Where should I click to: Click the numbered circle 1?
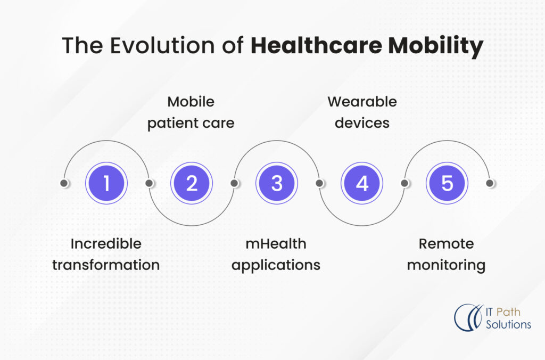coord(106,183)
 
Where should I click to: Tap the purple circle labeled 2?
coord(192,183)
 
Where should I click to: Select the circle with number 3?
coord(277,183)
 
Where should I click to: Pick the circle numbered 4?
coord(362,183)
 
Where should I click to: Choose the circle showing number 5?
coord(447,183)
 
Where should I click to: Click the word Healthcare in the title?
coord(316,46)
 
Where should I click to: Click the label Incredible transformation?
coord(106,255)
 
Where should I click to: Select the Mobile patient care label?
coord(191,112)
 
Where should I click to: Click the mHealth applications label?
coord(276,255)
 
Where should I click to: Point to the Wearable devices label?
coord(362,112)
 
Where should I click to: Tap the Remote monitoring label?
coord(446,255)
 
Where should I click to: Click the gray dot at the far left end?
coord(64,183)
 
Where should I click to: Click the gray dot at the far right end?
coord(490,183)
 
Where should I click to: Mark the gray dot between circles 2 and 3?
coord(234,183)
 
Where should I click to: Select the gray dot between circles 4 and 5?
coord(404,183)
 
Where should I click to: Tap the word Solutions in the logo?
coord(508,324)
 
